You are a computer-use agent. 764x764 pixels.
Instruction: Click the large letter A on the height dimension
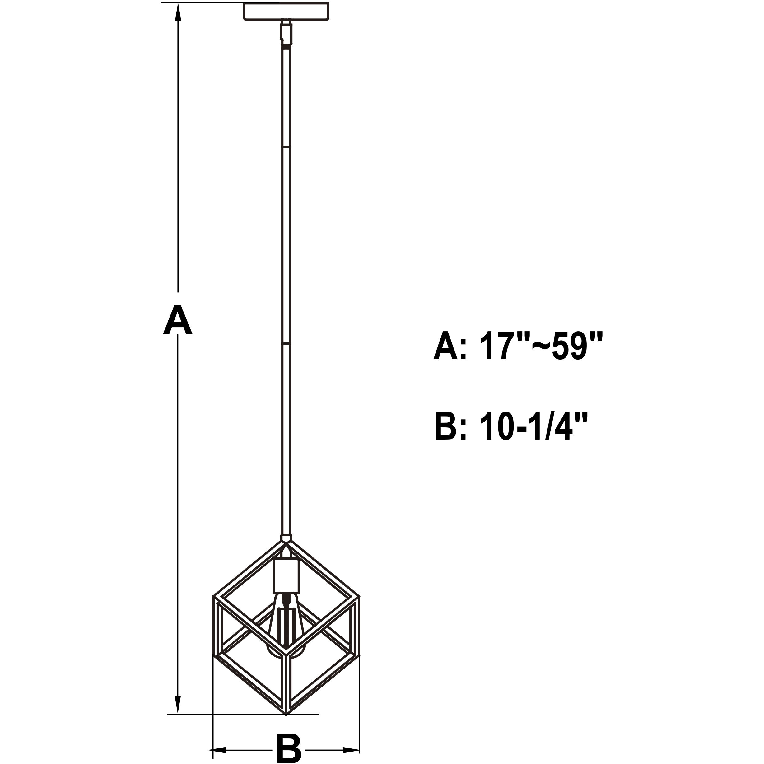pyautogui.click(x=178, y=319)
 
